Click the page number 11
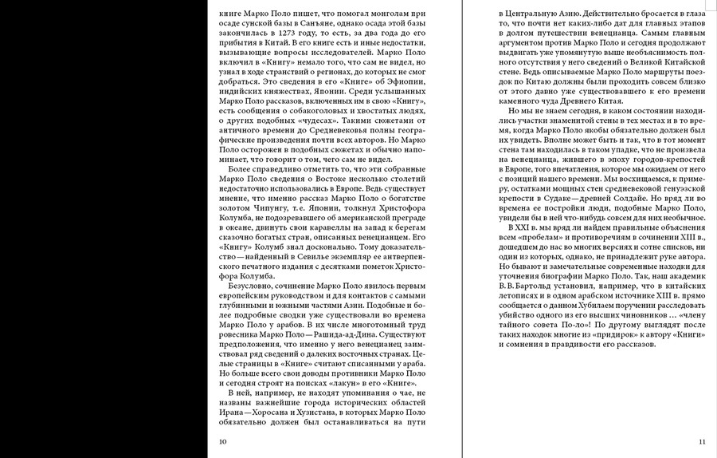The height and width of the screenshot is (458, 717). (701, 440)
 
